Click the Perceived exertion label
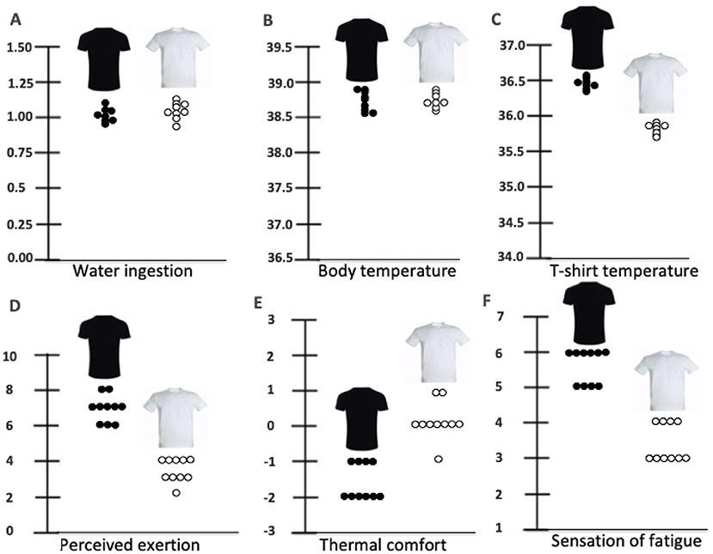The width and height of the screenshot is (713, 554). [x=132, y=544]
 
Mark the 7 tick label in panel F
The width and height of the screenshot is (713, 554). [x=522, y=317]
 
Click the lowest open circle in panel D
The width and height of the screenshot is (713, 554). [x=175, y=492]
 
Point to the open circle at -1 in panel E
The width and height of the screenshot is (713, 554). [x=439, y=459]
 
